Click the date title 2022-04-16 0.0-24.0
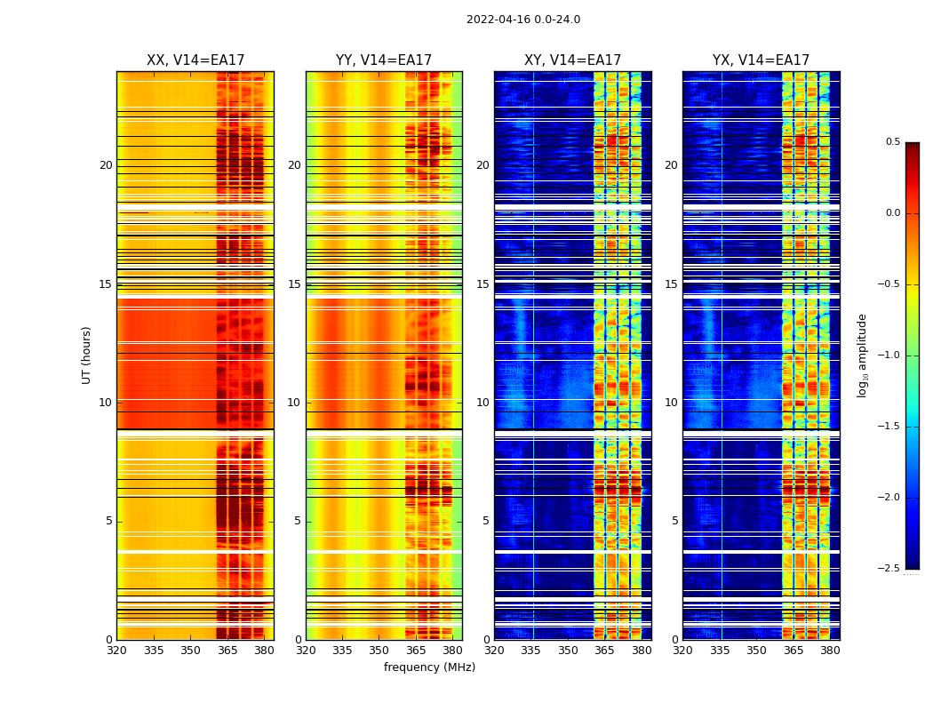tap(523, 20)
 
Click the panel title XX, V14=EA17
tap(195, 60)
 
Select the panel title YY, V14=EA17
tap(384, 60)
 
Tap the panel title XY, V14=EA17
tap(572, 60)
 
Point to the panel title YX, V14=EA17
tap(761, 60)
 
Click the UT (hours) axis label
tap(86, 355)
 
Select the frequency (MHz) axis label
tap(429, 667)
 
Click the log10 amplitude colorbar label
tap(861, 355)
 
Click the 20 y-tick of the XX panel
tap(106, 165)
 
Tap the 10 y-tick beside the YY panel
tap(294, 403)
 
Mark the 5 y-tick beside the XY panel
tap(486, 521)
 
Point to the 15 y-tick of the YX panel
tap(671, 284)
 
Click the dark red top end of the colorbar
tap(912, 147)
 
